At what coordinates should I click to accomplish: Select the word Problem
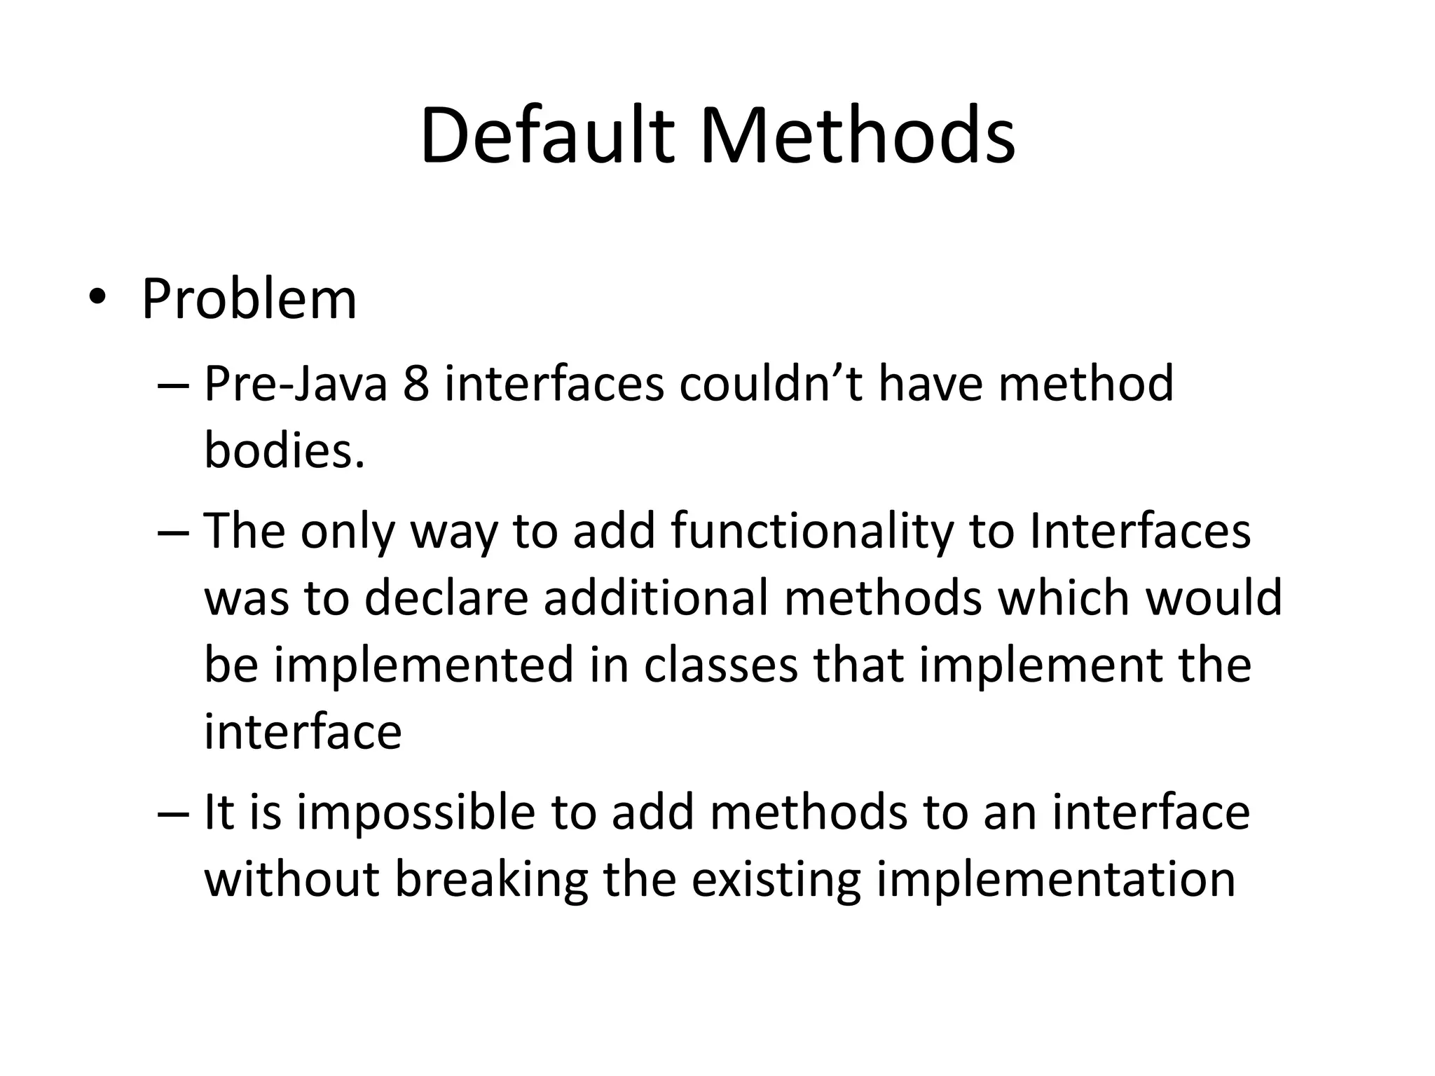(x=249, y=299)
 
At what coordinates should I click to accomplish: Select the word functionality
(x=813, y=531)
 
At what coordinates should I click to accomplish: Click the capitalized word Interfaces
(x=1140, y=531)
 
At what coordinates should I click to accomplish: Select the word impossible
(x=416, y=813)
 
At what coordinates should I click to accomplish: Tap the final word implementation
(x=1056, y=879)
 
